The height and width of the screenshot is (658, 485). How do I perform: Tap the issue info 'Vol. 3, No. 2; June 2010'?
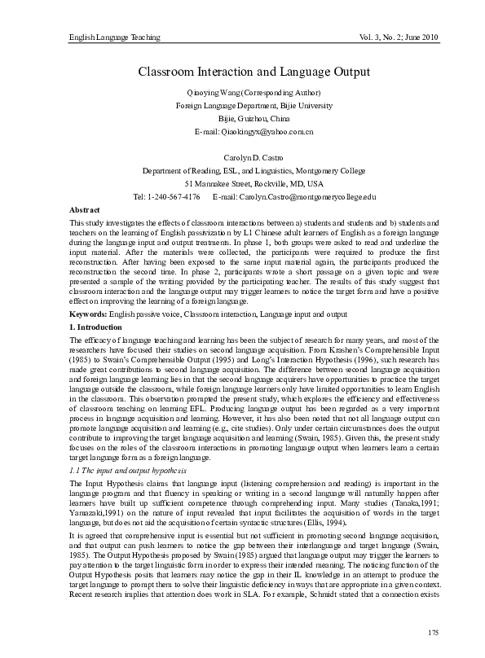(x=393, y=38)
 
